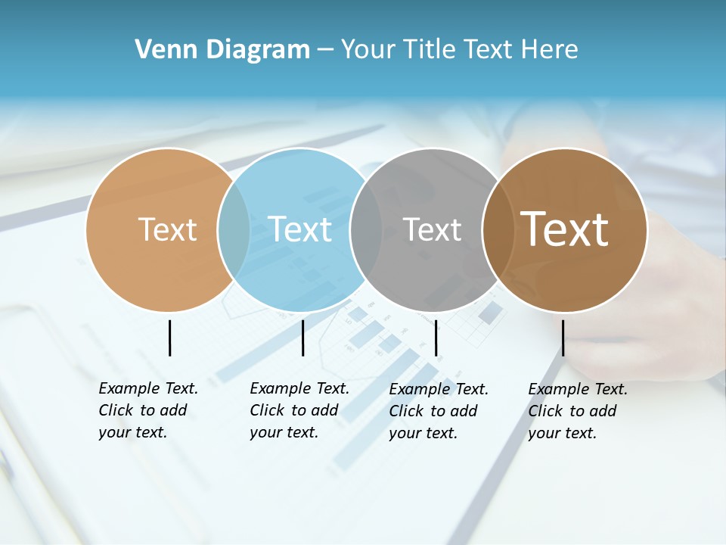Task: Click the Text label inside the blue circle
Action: (x=299, y=229)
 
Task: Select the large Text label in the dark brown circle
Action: (x=565, y=229)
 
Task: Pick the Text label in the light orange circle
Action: (x=167, y=229)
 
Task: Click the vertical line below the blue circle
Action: (x=302, y=338)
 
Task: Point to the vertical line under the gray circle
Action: (x=436, y=338)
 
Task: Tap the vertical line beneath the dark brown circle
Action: (x=563, y=338)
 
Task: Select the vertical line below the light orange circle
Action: (x=169, y=338)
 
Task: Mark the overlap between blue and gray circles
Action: (x=366, y=229)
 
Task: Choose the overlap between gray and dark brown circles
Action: (x=498, y=229)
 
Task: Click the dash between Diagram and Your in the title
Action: (x=325, y=50)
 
